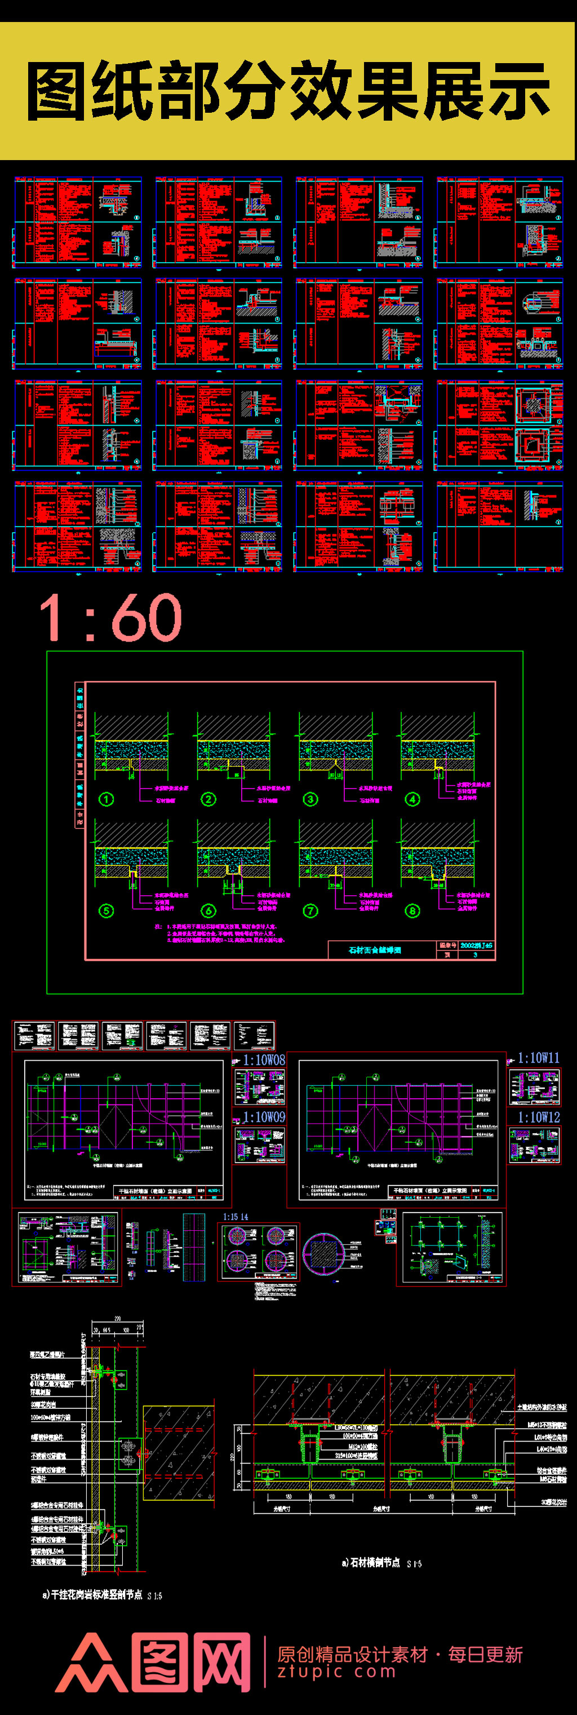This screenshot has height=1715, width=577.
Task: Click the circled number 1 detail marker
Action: click(x=106, y=799)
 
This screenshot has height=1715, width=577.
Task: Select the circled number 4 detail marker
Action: click(x=412, y=799)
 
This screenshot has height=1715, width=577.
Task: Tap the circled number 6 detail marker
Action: click(x=208, y=910)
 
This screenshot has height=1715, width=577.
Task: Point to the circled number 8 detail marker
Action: click(x=412, y=910)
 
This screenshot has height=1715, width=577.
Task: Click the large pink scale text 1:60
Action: click(x=110, y=618)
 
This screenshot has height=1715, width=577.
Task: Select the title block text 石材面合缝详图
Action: click(x=375, y=950)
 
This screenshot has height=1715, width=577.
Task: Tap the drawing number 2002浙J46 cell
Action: click(x=476, y=945)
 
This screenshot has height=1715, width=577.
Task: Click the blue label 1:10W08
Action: click(x=264, y=1060)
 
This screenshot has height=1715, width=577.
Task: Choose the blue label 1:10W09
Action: click(x=264, y=1116)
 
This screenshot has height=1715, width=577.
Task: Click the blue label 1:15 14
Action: click(x=236, y=1217)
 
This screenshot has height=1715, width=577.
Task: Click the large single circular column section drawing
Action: click(x=324, y=1254)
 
